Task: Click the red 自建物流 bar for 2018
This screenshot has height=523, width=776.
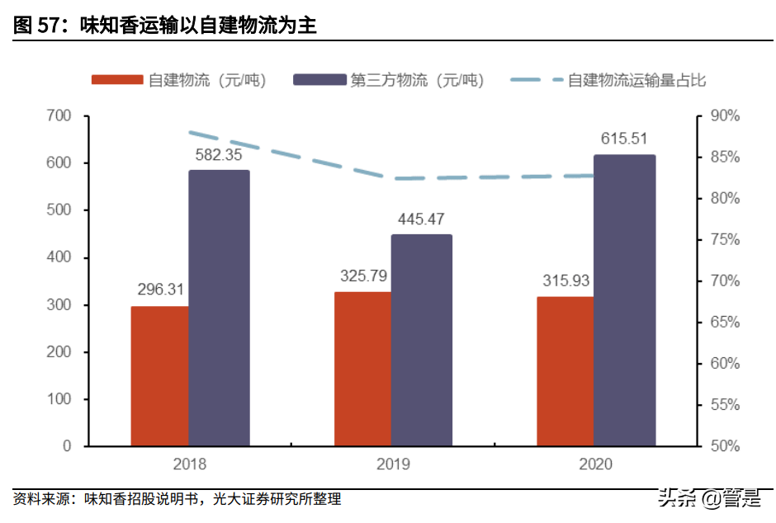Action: click(159, 376)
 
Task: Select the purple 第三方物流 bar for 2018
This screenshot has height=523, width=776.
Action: click(219, 308)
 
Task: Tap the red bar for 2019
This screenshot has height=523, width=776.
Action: click(362, 369)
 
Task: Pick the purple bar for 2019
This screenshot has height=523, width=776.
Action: click(421, 340)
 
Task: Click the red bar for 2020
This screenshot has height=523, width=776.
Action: click(565, 371)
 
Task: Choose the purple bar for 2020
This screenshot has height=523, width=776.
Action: click(624, 300)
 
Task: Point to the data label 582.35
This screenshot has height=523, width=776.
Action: click(219, 154)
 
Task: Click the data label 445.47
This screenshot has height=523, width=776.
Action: click(422, 219)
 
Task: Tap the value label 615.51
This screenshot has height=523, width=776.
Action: click(624, 139)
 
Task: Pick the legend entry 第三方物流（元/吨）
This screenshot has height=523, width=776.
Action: click(417, 80)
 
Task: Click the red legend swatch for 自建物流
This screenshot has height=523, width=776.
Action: click(119, 80)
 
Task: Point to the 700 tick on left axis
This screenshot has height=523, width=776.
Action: click(59, 116)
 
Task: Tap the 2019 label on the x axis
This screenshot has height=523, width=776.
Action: click(393, 464)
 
